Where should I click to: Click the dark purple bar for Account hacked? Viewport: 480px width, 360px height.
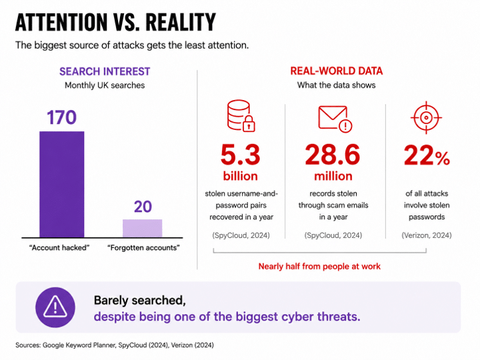pos(62,184)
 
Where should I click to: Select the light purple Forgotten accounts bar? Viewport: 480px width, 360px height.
pos(143,229)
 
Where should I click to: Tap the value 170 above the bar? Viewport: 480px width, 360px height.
pos(61,117)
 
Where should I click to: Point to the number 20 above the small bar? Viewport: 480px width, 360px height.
pos(143,207)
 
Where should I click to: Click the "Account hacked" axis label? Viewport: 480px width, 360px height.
pos(59,247)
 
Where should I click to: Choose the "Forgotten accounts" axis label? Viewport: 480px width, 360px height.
pos(143,247)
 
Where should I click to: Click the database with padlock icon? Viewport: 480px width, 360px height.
pos(241,116)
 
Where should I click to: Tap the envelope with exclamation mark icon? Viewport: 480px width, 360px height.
pos(335,119)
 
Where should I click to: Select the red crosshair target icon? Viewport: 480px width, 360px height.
pos(426,117)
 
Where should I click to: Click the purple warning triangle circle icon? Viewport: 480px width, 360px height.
pos(55,307)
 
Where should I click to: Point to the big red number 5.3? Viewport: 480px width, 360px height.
pos(240,155)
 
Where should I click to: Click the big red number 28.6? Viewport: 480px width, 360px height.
pos(333,155)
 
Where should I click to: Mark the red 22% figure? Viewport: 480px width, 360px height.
pos(427,155)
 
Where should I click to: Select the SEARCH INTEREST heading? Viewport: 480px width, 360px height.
pos(105,71)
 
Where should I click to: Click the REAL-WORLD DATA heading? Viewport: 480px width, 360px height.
pos(337,71)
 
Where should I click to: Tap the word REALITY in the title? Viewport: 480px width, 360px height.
pos(181,22)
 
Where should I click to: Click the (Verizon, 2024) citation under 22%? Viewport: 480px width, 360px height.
pos(427,235)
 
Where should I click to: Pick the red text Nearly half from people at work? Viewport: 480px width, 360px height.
pos(319,266)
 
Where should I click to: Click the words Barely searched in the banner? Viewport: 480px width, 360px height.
pos(140,300)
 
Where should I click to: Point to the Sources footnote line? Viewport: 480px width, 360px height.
pos(115,345)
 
